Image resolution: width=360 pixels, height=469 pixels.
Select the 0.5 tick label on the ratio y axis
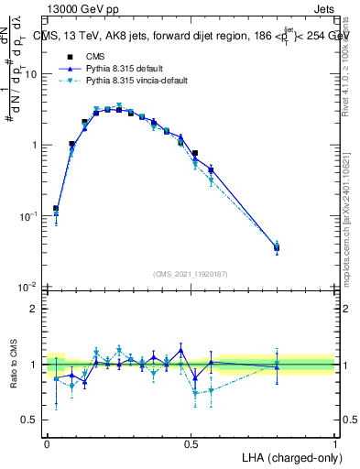click(x=32, y=420)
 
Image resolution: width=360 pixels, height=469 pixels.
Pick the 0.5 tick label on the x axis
click(x=191, y=443)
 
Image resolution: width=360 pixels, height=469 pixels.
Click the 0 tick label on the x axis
click(x=47, y=443)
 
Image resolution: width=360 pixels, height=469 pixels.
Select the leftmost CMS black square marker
click(x=56, y=209)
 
